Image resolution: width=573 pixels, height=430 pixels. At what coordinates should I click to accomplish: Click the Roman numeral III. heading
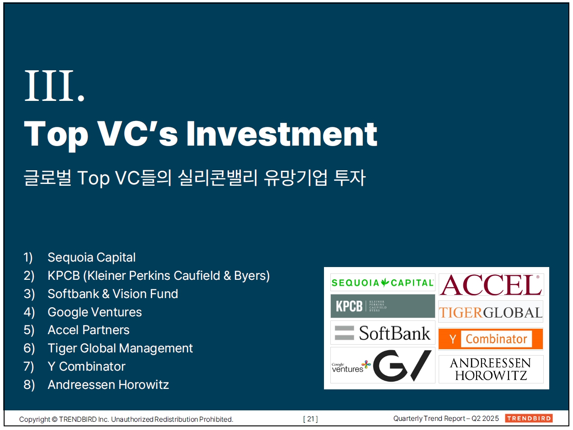(54, 86)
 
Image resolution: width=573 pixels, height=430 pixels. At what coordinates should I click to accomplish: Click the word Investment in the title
(281, 134)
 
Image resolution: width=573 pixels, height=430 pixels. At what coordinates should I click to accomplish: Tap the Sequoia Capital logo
(382, 283)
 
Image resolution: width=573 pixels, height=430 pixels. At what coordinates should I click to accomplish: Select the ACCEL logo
(491, 284)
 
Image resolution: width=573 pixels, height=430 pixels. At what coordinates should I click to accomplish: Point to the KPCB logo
(383, 306)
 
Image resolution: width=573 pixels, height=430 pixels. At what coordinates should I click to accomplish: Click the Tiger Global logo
(490, 312)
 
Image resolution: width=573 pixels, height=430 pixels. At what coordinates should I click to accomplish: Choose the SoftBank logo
(383, 333)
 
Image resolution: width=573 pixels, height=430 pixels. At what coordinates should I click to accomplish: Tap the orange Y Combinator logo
(490, 339)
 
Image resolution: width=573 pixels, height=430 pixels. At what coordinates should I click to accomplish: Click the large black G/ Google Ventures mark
(402, 365)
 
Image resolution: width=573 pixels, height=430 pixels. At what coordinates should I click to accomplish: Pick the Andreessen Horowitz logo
(491, 369)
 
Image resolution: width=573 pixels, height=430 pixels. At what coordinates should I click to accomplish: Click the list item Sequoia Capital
(91, 257)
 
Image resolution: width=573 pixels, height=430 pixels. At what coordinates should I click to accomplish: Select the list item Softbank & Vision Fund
(113, 294)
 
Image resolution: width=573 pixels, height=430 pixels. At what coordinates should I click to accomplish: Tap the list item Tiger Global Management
(120, 348)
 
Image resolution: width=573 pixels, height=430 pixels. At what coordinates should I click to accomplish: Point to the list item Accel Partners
(89, 330)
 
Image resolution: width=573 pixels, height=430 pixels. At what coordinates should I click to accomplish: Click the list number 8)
(29, 385)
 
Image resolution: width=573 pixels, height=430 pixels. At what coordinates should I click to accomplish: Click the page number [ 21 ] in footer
(310, 419)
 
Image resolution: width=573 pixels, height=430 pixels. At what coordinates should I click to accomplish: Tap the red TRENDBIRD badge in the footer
(529, 418)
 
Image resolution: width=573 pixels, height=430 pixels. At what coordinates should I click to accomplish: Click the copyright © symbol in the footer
(54, 420)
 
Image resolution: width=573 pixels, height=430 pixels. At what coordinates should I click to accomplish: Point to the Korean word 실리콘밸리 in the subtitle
(218, 178)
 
